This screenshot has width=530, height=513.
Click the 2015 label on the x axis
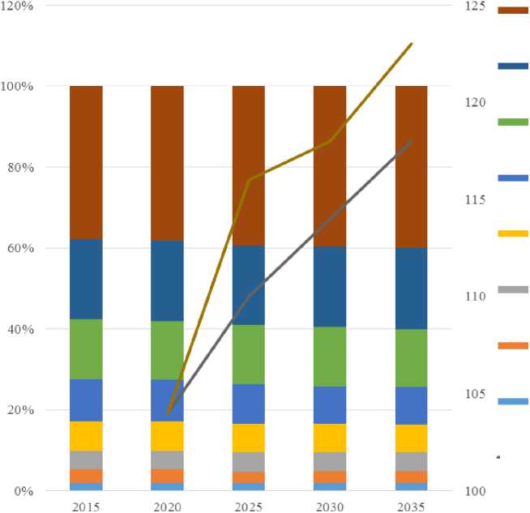[86, 505]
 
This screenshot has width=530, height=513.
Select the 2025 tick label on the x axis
[248, 505]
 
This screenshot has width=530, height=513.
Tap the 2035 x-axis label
[411, 505]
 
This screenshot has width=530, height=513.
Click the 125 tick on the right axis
[474, 6]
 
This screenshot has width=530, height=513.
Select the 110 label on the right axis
[474, 297]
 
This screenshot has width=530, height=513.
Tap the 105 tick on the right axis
[474, 394]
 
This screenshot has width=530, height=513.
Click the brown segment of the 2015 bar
[86, 162]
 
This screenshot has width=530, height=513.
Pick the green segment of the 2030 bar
[330, 357]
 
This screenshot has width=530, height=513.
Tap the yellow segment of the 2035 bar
[411, 438]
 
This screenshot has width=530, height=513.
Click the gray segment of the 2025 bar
[248, 461]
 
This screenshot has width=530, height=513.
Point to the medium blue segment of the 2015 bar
[86, 400]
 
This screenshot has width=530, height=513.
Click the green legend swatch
[512, 122]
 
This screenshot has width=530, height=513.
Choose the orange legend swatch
[512, 345]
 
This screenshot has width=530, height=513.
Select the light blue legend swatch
[512, 401]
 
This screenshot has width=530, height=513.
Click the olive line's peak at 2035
[411, 44]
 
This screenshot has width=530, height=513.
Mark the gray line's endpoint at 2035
[411, 141]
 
